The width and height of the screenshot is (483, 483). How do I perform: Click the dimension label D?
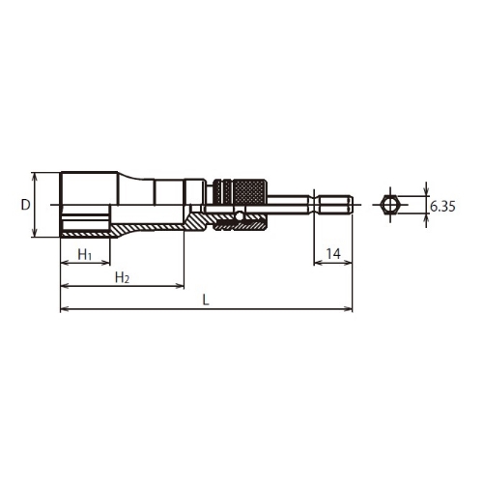(x=25, y=205)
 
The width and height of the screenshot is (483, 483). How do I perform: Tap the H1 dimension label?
(x=85, y=255)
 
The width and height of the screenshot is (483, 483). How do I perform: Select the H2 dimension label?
(x=123, y=277)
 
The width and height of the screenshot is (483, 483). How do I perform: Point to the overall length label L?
(x=206, y=300)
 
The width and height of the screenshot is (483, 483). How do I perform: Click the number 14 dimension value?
(x=333, y=254)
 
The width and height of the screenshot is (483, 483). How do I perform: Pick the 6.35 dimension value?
(x=442, y=207)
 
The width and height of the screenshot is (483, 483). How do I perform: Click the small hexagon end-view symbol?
(x=390, y=205)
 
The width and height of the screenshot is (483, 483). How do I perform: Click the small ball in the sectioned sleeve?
(x=239, y=216)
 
